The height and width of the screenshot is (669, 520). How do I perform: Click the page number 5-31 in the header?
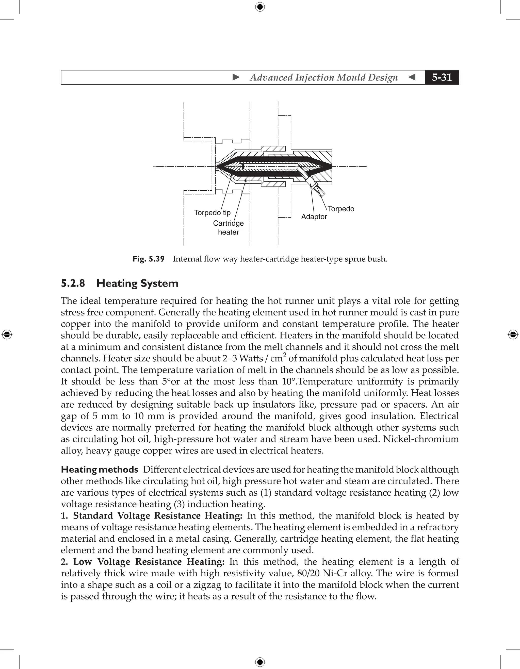(x=442, y=77)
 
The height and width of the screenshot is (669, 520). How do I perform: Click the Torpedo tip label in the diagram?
(x=212, y=213)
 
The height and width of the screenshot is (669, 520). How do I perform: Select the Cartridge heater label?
(x=228, y=228)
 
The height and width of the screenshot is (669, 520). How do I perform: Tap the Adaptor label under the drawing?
(x=314, y=216)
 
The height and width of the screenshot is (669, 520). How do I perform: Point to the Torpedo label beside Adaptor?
(x=341, y=209)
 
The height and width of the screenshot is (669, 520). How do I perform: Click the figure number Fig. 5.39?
(x=148, y=259)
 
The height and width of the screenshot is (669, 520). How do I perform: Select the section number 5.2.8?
(x=73, y=283)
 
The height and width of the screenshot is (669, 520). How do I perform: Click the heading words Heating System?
(x=137, y=283)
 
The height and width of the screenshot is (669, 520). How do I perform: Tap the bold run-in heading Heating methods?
(x=99, y=470)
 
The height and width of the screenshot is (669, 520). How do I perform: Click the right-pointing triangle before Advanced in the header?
(x=236, y=77)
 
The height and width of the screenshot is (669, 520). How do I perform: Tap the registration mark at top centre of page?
(x=260, y=7)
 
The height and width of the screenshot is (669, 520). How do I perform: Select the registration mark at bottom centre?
(x=260, y=662)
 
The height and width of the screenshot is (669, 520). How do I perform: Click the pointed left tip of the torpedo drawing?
(x=217, y=167)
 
